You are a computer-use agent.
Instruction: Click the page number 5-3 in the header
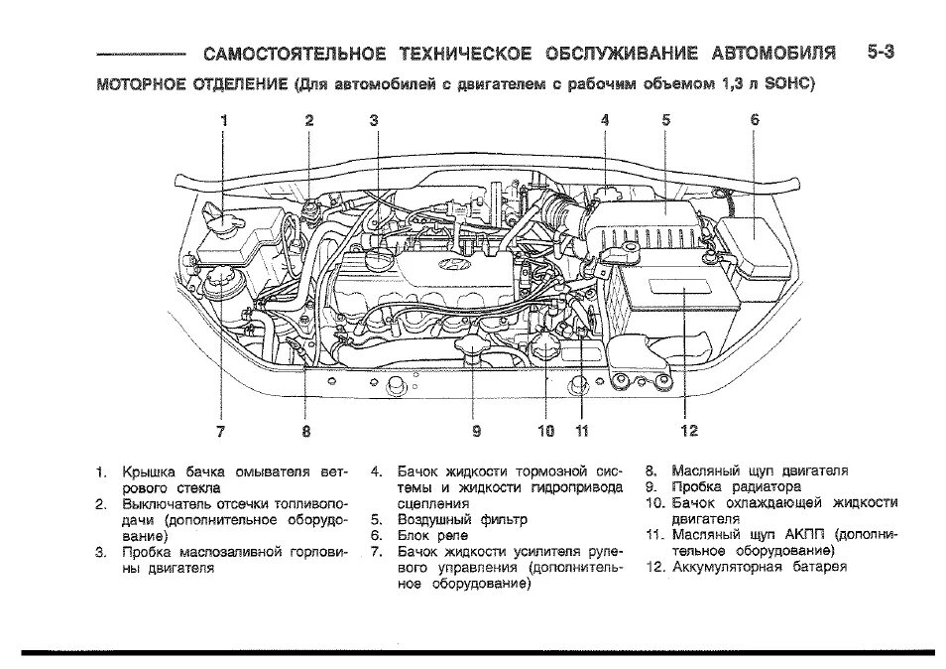879,52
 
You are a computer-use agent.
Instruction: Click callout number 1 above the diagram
224,120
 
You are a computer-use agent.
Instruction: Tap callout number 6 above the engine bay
755,120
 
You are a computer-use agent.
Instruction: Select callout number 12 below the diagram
689,431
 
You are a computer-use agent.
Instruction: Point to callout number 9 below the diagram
476,431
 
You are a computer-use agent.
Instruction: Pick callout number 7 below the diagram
221,431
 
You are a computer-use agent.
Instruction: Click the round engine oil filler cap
379,260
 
